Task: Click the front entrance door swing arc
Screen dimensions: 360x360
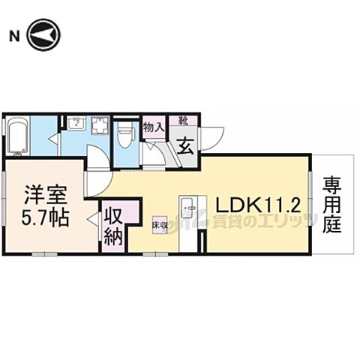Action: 213,136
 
